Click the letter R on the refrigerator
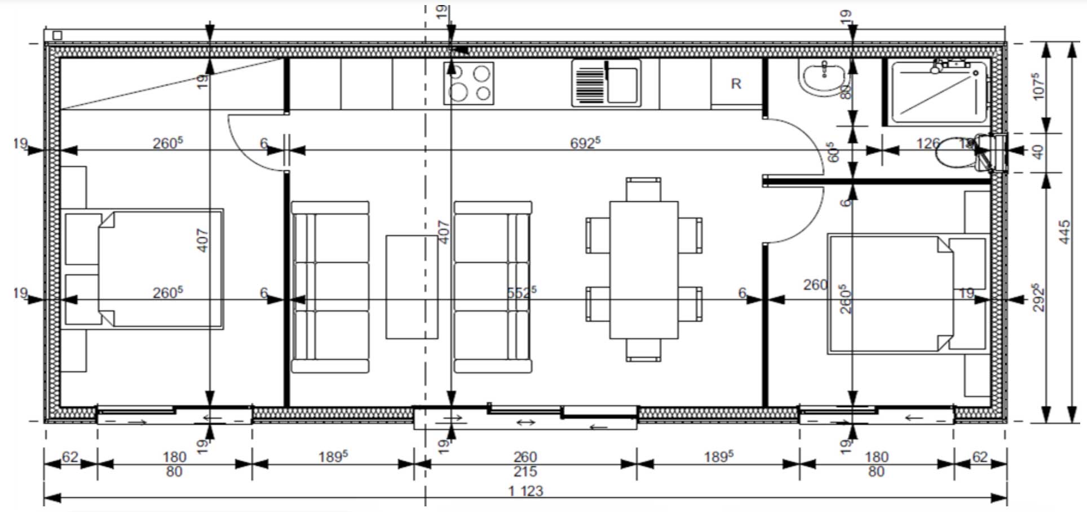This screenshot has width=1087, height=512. click(736, 84)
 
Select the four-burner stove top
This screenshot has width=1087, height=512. click(469, 83)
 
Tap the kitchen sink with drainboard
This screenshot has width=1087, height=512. click(606, 83)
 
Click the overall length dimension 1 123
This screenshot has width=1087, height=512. click(525, 491)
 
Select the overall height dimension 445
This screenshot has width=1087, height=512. click(1063, 232)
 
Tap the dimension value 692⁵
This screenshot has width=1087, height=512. click(585, 143)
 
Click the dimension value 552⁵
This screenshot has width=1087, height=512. click(521, 292)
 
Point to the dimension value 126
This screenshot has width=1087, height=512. click(927, 143)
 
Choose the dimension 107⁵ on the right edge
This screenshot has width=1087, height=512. click(1038, 86)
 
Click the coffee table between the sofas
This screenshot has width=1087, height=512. click(412, 287)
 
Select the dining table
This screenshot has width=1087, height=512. click(643, 270)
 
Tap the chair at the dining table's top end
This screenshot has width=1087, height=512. click(643, 189)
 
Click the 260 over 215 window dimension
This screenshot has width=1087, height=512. click(525, 464)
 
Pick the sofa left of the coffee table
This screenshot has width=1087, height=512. click(330, 287)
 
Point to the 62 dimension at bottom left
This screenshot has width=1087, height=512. click(70, 456)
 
